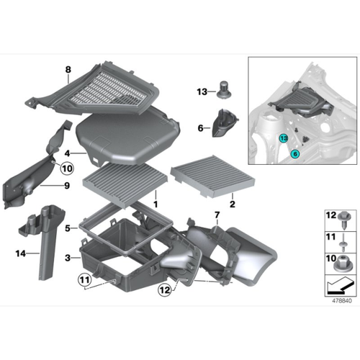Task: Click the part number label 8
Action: point(68,70)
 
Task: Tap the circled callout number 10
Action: point(67,168)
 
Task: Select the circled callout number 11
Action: point(84,280)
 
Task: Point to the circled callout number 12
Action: point(165,290)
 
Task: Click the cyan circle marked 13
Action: point(284,138)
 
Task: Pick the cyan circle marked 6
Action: point(294,154)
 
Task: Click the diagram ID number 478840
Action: point(342,300)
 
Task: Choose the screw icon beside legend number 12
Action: point(343,220)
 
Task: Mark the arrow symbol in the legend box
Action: point(340,286)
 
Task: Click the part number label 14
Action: point(21,253)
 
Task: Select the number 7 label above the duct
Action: point(217,215)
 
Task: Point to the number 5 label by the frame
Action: point(68,228)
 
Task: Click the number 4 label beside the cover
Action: point(68,153)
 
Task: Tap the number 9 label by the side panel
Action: point(67,186)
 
